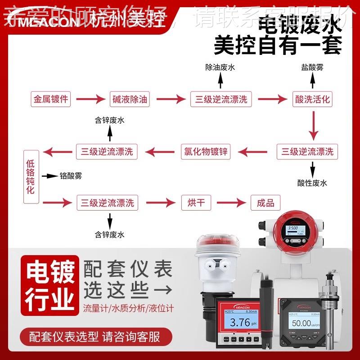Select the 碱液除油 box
coord(129,99)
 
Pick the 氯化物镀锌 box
coord(205,152)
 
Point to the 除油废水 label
coord(220,67)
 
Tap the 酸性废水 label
coord(312,183)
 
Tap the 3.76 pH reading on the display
coord(238,323)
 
